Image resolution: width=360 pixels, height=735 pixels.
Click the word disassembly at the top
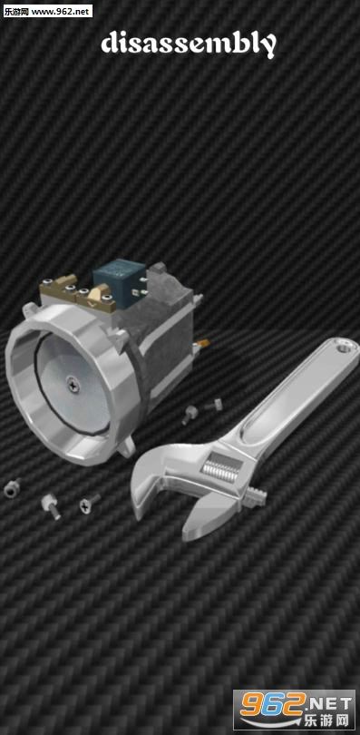click(189, 44)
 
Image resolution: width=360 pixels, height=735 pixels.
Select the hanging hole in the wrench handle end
click(348, 348)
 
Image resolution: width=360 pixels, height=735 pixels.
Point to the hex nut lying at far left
click(12, 488)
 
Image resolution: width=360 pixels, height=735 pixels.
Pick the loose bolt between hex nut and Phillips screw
click(51, 506)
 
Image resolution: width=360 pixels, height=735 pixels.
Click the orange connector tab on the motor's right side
click(202, 344)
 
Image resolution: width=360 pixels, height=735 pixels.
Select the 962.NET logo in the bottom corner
click(294, 710)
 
